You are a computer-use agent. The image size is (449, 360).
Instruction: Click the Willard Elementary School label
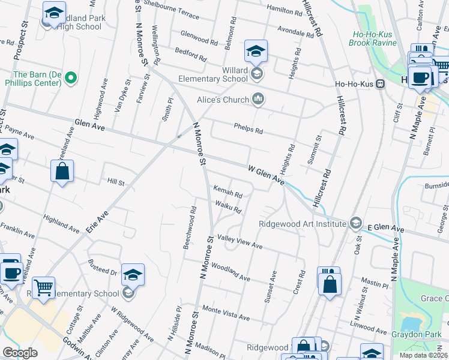tap(213, 74)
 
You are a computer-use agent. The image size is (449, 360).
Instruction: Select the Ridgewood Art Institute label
tap(303, 224)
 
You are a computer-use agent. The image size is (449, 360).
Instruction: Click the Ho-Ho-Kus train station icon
tap(380, 84)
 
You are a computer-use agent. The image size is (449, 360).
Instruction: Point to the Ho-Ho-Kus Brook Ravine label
tap(373, 38)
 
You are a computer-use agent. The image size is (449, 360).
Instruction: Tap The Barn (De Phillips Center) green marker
tap(71, 77)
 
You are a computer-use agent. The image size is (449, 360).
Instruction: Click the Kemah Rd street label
tap(228, 194)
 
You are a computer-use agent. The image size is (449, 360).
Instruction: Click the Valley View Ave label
tap(240, 242)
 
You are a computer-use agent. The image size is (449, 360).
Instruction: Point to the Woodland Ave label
tap(231, 274)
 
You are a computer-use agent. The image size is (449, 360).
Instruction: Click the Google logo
tap(20, 352)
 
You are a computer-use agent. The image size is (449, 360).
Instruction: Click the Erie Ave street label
tap(99, 223)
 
